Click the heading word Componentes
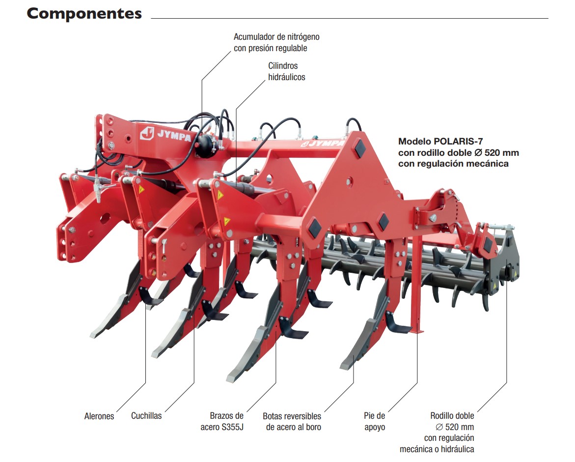pyautogui.click(x=84, y=14)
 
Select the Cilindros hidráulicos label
pyautogui.click(x=286, y=71)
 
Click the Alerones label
pyautogui.click(x=99, y=416)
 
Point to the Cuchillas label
pyautogui.click(x=146, y=416)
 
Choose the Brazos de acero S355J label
pyautogui.click(x=222, y=421)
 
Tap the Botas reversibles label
pyautogui.click(x=292, y=416)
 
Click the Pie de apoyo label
pyautogui.click(x=374, y=421)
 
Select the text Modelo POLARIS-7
pyautogui.click(x=440, y=141)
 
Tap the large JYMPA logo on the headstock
pyautogui.click(x=166, y=134)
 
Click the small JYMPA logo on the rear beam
pyautogui.click(x=323, y=143)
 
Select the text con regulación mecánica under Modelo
pyautogui.click(x=453, y=164)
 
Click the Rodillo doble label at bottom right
pyautogui.click(x=452, y=416)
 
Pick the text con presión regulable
pyautogui.click(x=270, y=48)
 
